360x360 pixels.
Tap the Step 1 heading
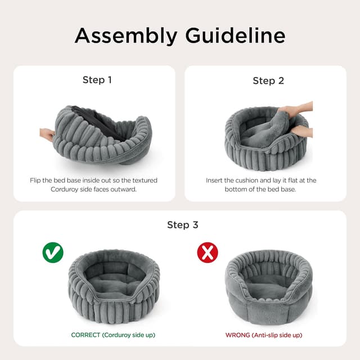coord(97,80)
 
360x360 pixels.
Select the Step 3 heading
coord(182,225)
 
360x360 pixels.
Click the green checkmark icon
coord(53,253)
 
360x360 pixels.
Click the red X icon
coord(208,253)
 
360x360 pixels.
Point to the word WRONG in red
coord(238,335)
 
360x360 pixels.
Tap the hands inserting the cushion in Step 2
coord(298,120)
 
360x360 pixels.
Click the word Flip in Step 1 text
coord(37,181)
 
